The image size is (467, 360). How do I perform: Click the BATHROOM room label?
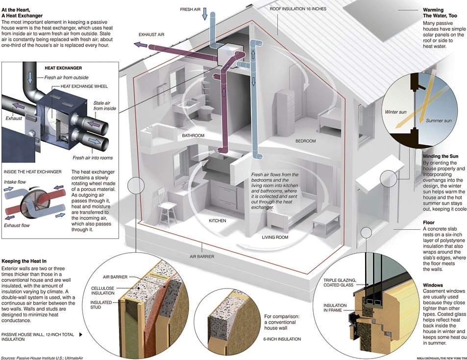point(193,136)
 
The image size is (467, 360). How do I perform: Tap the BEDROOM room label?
point(305,141)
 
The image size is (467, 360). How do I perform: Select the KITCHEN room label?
point(218,221)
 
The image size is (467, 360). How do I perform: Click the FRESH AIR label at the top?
point(190,9)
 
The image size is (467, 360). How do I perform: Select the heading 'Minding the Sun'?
point(441,156)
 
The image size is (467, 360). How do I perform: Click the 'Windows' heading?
point(433,285)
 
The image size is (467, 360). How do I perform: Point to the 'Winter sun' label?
point(395,112)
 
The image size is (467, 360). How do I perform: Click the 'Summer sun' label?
point(437,120)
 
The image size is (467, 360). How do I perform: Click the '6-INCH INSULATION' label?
point(283,339)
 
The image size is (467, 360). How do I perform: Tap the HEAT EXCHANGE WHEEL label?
point(79,86)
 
